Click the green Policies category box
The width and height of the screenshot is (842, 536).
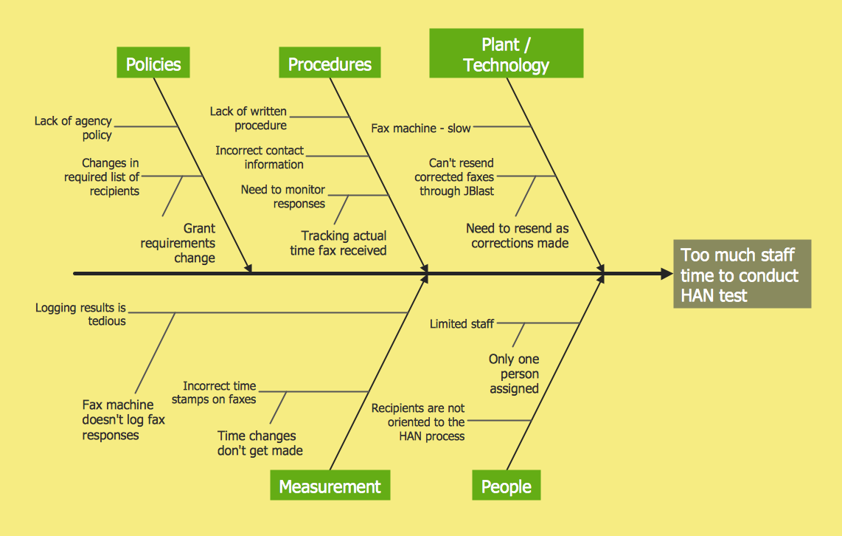153,63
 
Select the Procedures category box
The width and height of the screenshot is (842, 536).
330,63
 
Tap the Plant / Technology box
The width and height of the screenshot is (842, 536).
507,54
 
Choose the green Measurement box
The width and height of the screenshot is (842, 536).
330,487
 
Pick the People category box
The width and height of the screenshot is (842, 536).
506,487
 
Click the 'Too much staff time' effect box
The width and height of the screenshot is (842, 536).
741,275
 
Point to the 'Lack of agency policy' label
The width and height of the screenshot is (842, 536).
74,128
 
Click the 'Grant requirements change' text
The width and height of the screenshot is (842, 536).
178,243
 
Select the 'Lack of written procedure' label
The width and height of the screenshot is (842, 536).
248,118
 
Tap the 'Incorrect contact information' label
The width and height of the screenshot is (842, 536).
260,157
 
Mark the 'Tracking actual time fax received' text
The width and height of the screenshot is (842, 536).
338,243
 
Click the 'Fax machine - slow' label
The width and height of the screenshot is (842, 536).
420,128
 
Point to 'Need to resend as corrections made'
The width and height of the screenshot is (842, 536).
518,236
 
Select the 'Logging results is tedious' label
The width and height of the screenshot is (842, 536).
81,315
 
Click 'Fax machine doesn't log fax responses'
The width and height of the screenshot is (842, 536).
123,420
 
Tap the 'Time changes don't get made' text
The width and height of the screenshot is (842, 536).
260,443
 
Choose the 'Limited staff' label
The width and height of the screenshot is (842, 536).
462,324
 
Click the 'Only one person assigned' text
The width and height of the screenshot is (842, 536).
514,374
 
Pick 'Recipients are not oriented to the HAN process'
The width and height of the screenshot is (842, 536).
418,422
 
